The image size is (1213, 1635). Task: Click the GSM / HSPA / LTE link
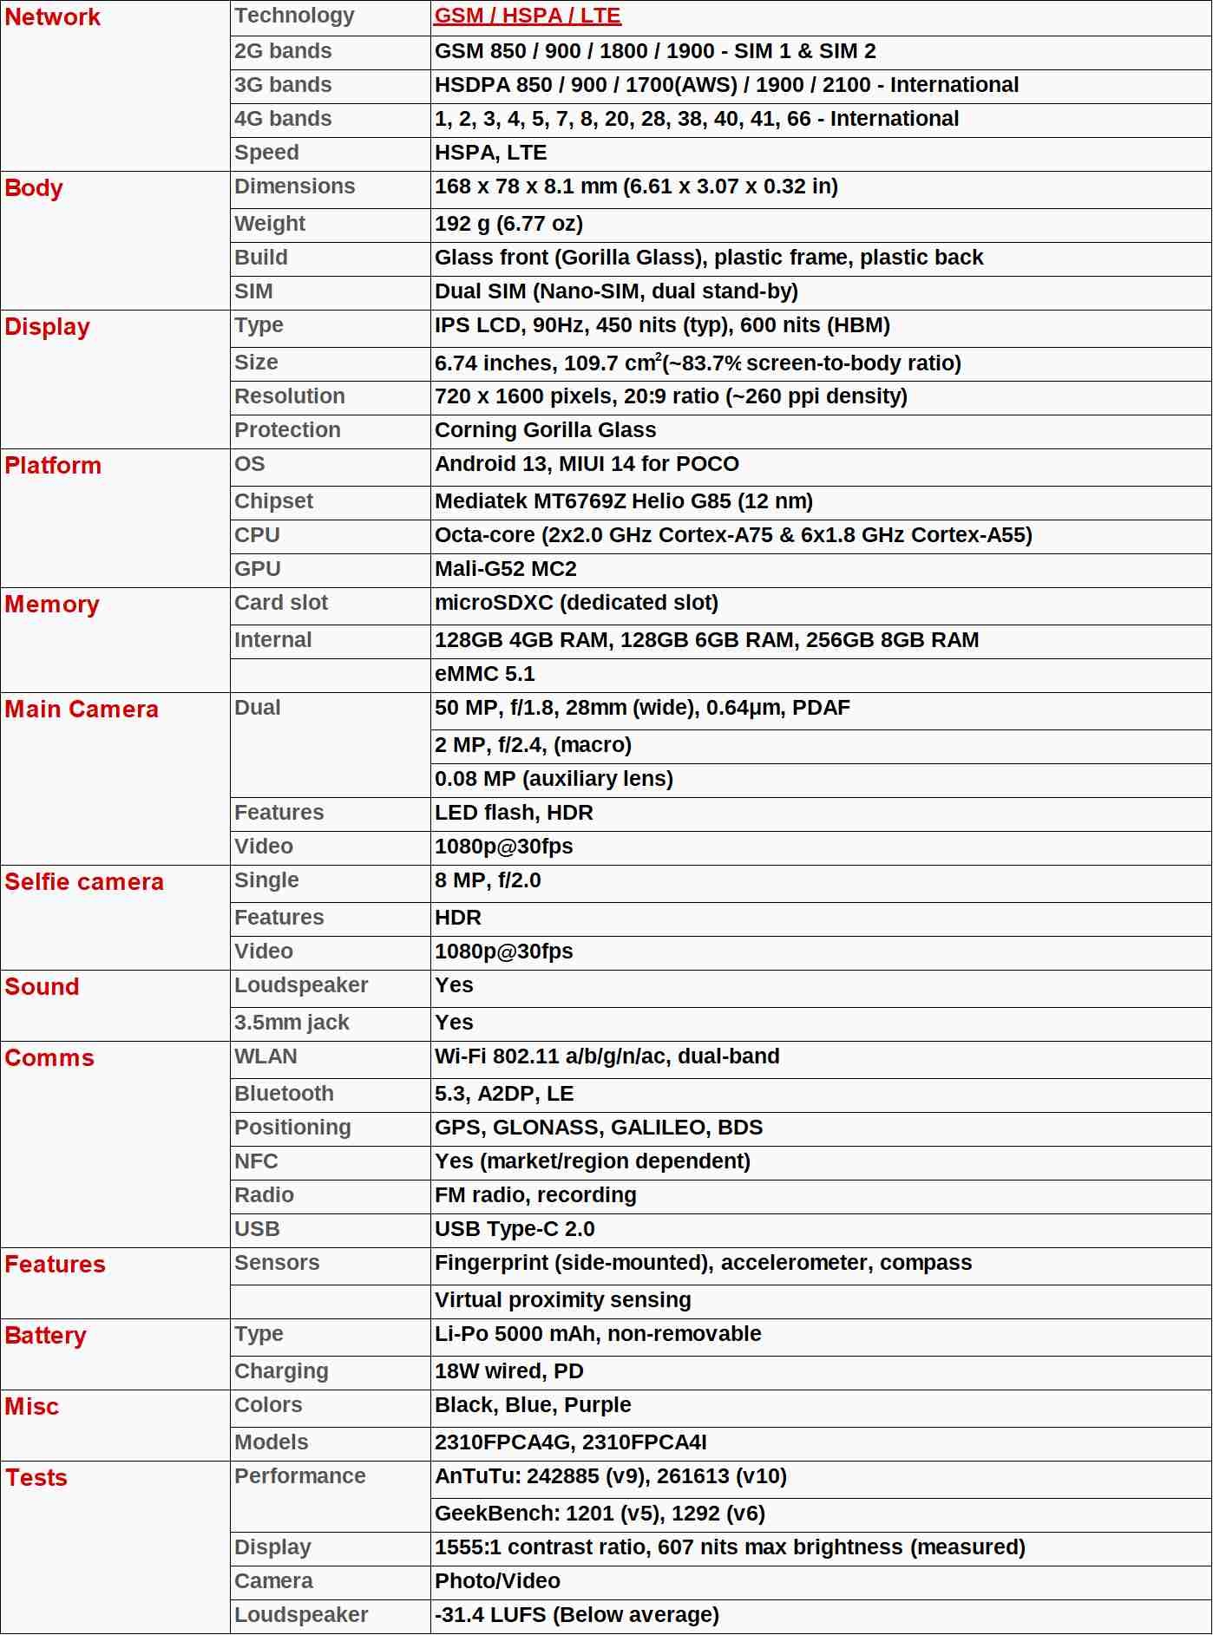point(528,16)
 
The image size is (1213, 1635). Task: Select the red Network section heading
point(53,17)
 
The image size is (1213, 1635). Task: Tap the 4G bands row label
point(283,119)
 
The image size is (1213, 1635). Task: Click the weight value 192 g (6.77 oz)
point(508,224)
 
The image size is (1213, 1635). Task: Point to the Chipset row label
point(273,501)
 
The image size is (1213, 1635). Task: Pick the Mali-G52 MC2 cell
point(506,569)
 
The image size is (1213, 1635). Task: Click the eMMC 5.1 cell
point(485,674)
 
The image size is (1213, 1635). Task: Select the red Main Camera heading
point(82,710)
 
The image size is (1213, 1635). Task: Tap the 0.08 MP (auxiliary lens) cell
point(554,779)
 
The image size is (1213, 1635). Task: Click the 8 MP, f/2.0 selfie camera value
point(488,880)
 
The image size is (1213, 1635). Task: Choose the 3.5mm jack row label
point(292,1023)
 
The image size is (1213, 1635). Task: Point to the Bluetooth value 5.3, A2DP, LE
point(504,1094)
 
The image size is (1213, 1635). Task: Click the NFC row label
point(256,1161)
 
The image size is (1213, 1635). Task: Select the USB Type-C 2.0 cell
point(515,1229)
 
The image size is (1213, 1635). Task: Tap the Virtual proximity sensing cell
point(562,1300)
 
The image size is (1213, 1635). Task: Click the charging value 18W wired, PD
point(509,1371)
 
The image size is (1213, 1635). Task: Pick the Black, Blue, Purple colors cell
point(533,1405)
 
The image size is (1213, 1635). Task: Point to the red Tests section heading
point(36,1478)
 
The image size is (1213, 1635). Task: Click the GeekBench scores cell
point(600,1514)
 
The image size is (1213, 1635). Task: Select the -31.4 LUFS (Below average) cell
point(577,1615)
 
